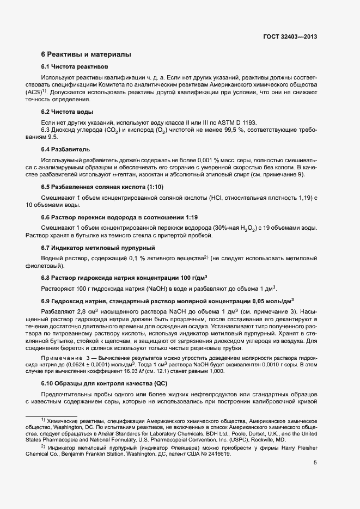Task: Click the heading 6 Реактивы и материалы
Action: pos(86,54)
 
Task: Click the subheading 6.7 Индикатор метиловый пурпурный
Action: pos(91,248)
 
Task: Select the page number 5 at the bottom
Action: pos(315,463)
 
